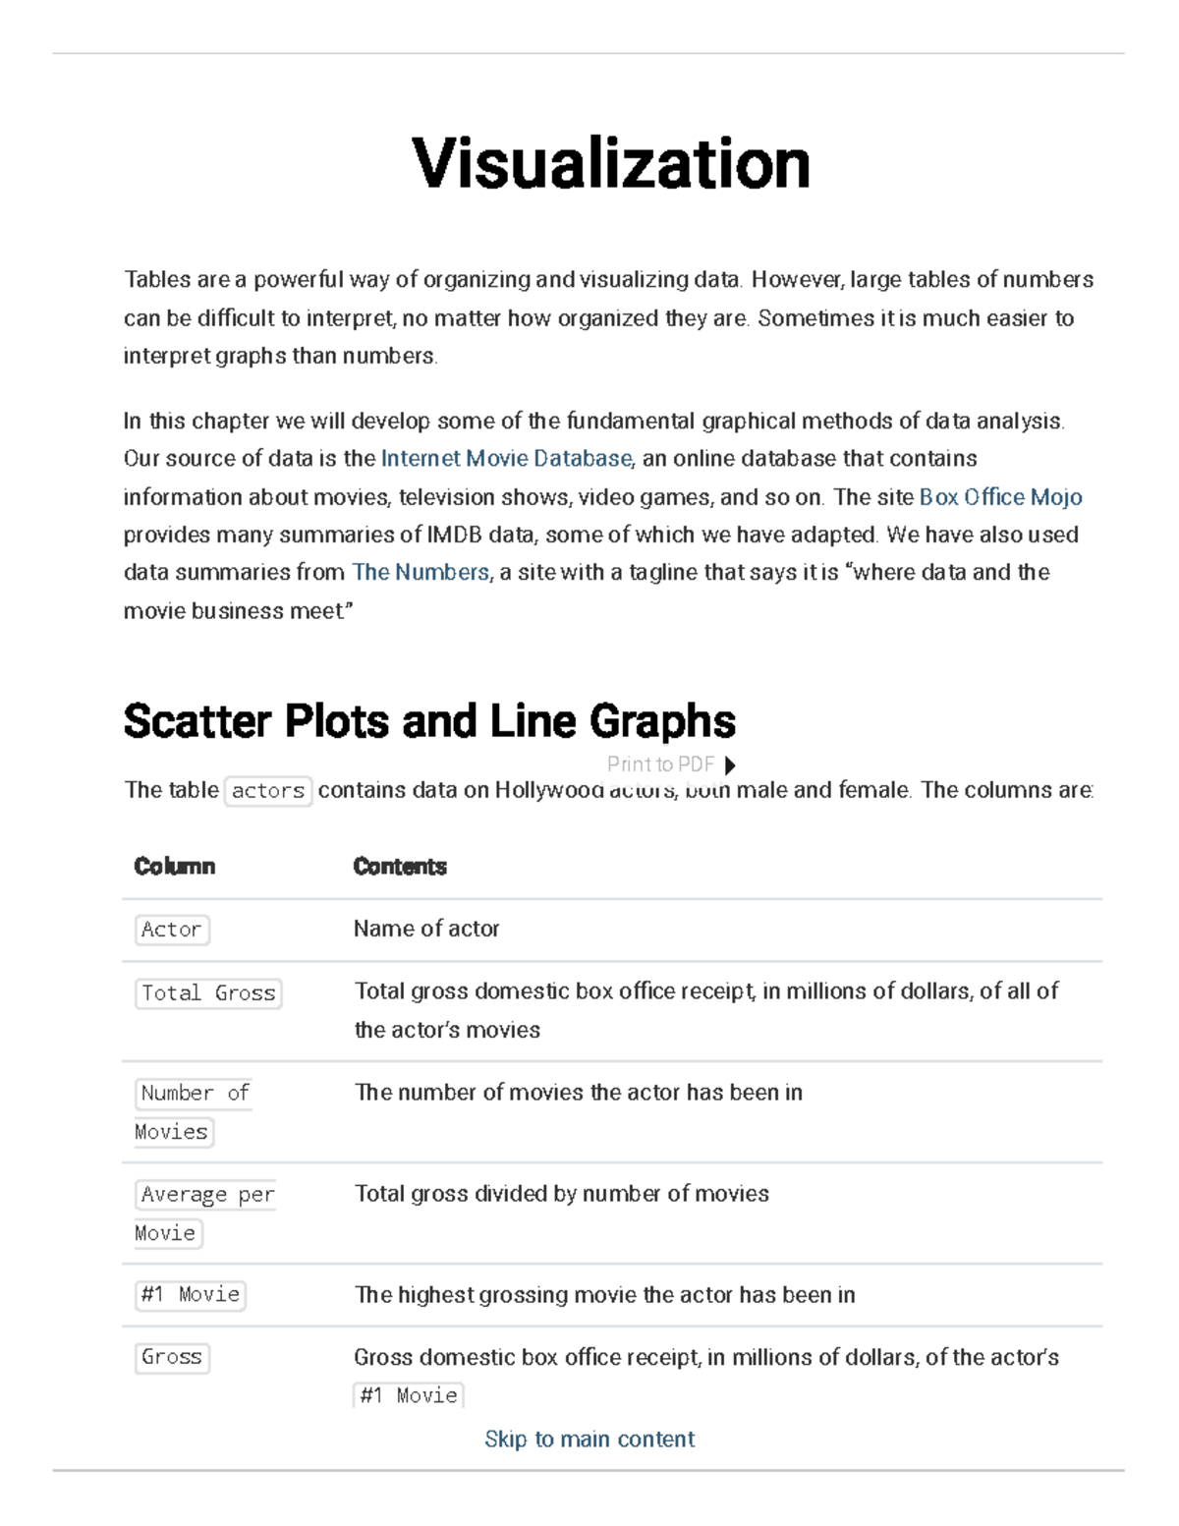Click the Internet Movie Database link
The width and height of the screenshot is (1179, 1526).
pyautogui.click(x=506, y=459)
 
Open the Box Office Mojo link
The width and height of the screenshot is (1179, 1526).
pyautogui.click(x=1000, y=497)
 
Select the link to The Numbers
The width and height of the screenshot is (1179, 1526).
pyautogui.click(x=421, y=572)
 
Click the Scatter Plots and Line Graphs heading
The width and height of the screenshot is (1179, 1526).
pyautogui.click(x=429, y=721)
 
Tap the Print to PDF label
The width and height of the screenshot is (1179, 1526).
pyautogui.click(x=660, y=764)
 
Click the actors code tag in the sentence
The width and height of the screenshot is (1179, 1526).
pyautogui.click(x=268, y=791)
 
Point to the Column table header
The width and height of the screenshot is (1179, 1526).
pyautogui.click(x=175, y=867)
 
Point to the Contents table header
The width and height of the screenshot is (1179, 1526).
pyautogui.click(x=400, y=867)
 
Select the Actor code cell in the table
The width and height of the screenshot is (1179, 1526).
pyautogui.click(x=172, y=930)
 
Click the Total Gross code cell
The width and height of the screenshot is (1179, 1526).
pyautogui.click(x=208, y=993)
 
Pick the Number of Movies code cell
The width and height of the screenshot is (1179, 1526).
pyautogui.click(x=194, y=1112)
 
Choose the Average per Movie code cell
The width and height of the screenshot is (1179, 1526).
pyautogui.click(x=204, y=1214)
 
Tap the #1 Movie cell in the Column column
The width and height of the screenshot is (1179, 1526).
pyautogui.click(x=191, y=1295)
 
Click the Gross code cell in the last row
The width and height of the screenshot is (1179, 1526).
pyautogui.click(x=172, y=1357)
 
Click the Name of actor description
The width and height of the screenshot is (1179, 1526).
pyautogui.click(x=426, y=929)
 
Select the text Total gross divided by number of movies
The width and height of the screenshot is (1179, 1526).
pyautogui.click(x=562, y=1194)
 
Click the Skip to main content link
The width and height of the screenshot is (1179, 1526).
pyautogui.click(x=589, y=1440)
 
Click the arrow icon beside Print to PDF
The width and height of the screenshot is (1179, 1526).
pyautogui.click(x=730, y=765)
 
